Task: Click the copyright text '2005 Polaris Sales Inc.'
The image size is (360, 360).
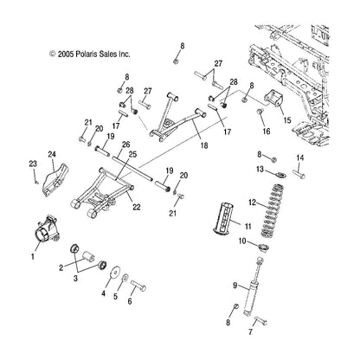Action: pos(93,54)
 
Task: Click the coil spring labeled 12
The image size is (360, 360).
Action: pos(272,209)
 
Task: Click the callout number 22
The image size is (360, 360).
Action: pos(137,207)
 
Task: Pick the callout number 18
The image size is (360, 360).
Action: pos(204,145)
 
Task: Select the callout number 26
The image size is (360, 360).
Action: pos(126,145)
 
